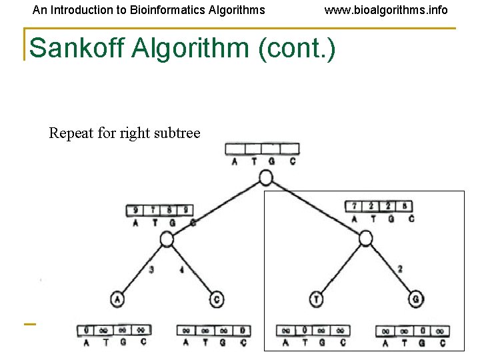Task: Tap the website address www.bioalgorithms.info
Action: click(x=386, y=10)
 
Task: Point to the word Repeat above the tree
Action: click(x=71, y=133)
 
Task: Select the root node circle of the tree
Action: click(x=265, y=177)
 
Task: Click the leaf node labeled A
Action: click(x=118, y=299)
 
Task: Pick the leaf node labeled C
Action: click(x=217, y=299)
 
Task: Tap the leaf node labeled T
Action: click(x=317, y=299)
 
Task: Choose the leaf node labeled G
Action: click(x=416, y=299)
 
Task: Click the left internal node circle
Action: click(x=167, y=239)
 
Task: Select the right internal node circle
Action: click(x=365, y=239)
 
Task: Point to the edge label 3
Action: click(x=152, y=270)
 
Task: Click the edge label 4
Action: click(x=181, y=270)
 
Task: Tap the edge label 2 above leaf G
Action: click(x=399, y=269)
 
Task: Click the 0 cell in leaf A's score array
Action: click(x=87, y=330)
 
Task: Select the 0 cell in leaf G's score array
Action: click(x=423, y=331)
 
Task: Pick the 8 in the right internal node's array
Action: click(x=405, y=207)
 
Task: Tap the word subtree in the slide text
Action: click(x=177, y=133)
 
